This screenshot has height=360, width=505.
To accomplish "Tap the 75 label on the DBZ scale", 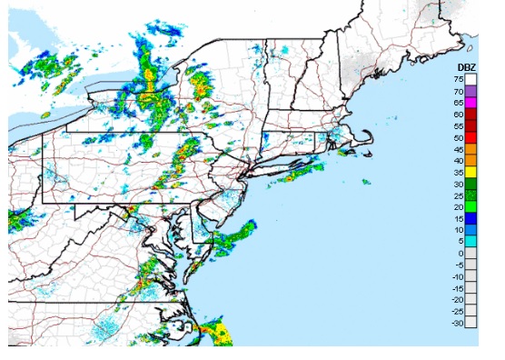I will point(460,80).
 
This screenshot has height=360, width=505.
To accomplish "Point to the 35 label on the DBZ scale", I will point(460,172).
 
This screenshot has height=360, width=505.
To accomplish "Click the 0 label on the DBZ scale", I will point(462,253).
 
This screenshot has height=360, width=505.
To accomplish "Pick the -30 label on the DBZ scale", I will point(458,322).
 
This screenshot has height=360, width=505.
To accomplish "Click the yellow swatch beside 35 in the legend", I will point(471,172).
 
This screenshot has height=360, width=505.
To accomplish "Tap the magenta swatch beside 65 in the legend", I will point(471,103).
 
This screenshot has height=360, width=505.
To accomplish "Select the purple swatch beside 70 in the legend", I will point(471,91).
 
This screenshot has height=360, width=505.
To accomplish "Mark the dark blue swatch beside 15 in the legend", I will point(471,218).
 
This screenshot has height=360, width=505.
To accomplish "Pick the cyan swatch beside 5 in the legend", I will point(471,241).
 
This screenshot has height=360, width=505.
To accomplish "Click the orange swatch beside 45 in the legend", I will point(471,149).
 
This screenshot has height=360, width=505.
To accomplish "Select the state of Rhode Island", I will point(319,141).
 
